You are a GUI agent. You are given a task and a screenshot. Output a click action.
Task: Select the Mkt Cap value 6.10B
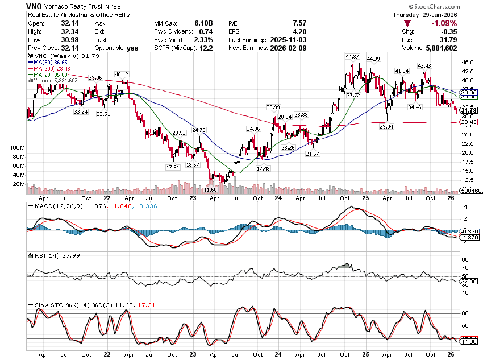[203, 23]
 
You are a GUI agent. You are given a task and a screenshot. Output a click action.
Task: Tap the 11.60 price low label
[210, 189]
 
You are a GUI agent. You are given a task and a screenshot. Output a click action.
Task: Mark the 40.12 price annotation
[122, 74]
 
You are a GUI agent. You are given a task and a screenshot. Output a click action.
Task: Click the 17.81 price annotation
[173, 168]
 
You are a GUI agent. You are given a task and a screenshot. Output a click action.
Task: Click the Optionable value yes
[132, 48]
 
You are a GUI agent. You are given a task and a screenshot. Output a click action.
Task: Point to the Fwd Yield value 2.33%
[202, 40]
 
